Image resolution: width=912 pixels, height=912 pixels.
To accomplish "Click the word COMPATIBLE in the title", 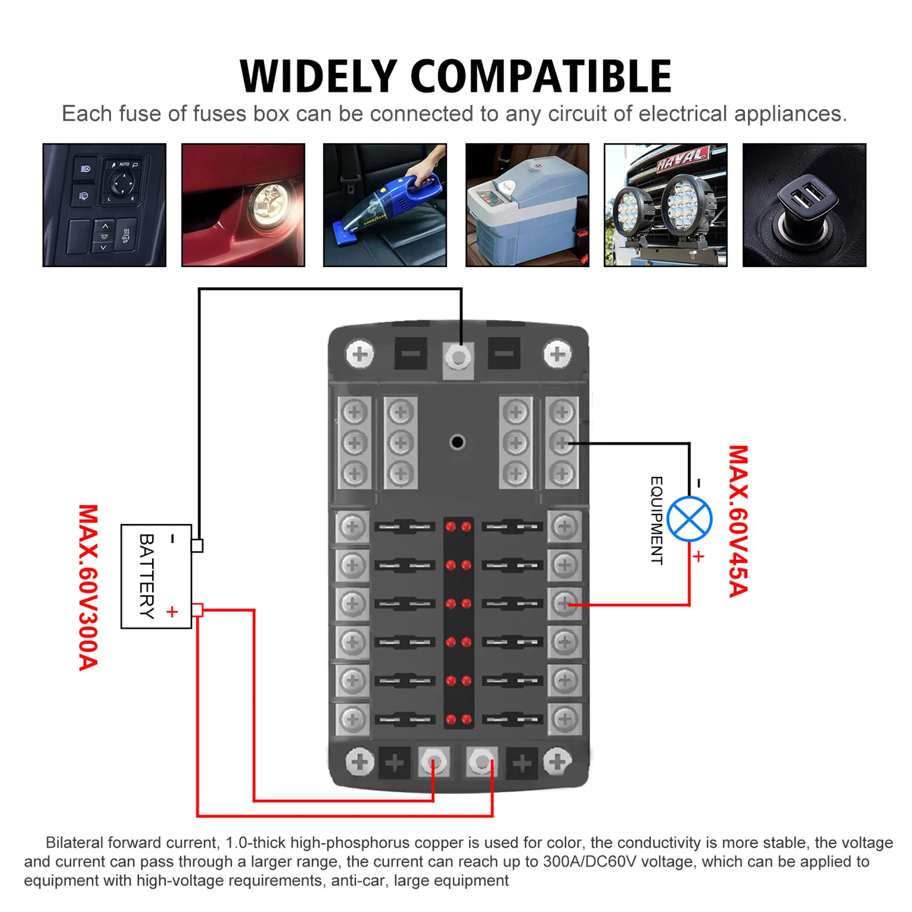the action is coord(541,76).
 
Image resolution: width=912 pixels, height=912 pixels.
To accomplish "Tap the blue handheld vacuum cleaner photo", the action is coord(385,205).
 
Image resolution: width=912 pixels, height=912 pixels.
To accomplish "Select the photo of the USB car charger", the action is coord(804,205).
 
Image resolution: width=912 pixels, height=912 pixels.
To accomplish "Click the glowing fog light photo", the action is coord(243,205).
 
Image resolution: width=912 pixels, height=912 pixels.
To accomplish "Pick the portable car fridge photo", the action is coord(527,205).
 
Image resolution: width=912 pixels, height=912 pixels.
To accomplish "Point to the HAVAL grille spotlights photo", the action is coord(666,205).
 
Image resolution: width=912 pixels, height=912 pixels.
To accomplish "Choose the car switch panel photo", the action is coord(104,205).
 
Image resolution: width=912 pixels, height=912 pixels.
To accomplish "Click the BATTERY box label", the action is coord(147,576).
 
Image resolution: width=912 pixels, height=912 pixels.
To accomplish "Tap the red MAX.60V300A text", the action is coord(88,587).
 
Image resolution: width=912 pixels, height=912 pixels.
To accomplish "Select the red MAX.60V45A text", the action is coord(738,521).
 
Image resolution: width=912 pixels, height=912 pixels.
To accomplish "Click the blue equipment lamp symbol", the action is coord(689,519).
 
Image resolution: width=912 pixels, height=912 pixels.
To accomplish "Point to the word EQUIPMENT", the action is coord(657,521).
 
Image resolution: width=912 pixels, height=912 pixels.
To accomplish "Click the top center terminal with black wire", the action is coord(459,358).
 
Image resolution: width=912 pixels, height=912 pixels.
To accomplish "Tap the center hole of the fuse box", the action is coord(457,442).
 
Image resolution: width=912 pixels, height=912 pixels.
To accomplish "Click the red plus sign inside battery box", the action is coord(172,612).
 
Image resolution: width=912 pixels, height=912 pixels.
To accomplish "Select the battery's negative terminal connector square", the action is coord(197,546).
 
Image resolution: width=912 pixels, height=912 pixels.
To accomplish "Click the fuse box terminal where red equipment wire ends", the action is coord(565,603).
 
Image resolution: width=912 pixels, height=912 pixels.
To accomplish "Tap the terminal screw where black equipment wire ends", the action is coord(562,443).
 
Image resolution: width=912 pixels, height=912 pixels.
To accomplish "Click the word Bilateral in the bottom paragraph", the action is coord(74,843).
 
